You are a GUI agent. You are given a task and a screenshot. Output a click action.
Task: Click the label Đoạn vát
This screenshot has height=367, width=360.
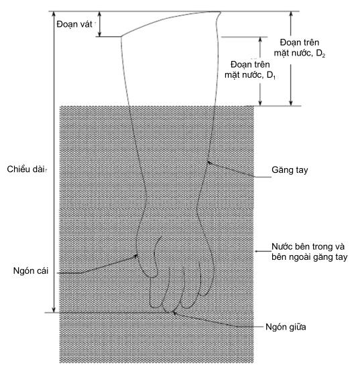click(74, 24)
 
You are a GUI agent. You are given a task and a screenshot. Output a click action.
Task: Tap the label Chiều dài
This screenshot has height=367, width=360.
click(25, 169)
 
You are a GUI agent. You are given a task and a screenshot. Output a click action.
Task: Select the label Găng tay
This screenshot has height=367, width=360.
click(290, 170)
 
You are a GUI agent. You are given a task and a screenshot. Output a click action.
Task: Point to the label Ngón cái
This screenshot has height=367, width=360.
click(31, 271)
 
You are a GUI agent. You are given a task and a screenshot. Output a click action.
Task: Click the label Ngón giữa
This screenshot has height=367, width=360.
click(286, 327)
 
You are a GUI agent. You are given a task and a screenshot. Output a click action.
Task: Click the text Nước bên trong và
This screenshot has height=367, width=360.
click(308, 246)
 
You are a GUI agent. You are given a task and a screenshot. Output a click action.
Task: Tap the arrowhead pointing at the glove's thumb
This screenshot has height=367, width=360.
click(135, 256)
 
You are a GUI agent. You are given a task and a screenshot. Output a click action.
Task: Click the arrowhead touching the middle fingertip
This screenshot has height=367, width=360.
click(174, 313)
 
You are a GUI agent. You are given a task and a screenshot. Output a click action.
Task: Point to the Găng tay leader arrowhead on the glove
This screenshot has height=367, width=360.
click(209, 163)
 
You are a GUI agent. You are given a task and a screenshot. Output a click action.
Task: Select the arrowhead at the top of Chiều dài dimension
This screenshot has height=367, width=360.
click(54, 14)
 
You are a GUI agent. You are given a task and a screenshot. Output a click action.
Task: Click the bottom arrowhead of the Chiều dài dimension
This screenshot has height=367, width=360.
click(54, 309)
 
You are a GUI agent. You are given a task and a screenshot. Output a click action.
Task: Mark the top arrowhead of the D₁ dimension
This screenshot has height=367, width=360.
click(260, 40)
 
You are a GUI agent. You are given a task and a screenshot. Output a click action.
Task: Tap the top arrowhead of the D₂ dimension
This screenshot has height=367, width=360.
click(291, 14)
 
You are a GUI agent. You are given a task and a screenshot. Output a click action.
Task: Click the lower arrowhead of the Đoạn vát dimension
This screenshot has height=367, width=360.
click(99, 34)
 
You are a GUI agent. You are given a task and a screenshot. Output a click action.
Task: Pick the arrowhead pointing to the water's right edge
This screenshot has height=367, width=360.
click(257, 252)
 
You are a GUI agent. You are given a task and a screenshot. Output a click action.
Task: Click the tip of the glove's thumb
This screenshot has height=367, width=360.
click(153, 277)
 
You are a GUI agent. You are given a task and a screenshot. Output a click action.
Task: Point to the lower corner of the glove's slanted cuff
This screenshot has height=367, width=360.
click(121, 37)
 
